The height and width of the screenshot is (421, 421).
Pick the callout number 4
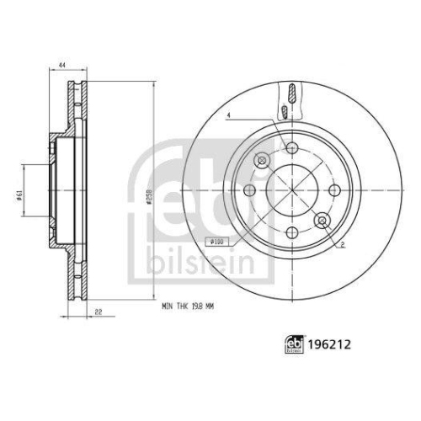(227, 115)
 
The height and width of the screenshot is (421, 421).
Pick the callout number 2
(344, 245)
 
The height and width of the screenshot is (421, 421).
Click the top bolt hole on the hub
(291, 149)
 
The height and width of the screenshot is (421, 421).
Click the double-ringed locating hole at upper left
(262, 161)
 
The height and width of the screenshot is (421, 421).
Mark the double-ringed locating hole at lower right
(321, 221)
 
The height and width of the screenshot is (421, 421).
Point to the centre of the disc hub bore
(291, 191)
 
